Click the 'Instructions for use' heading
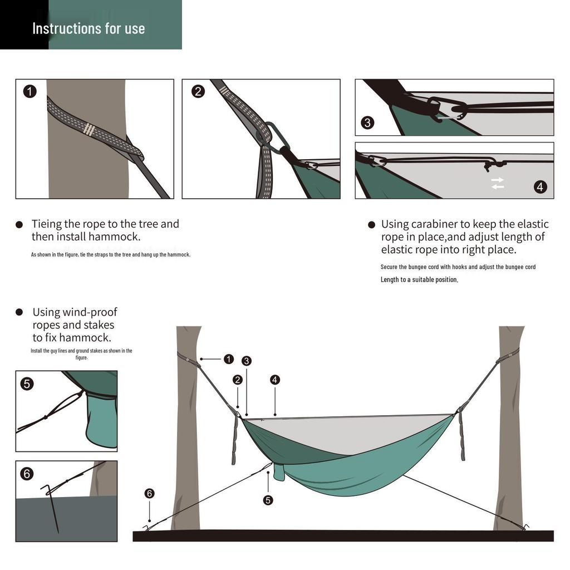[x=89, y=28]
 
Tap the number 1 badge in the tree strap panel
[x=30, y=91]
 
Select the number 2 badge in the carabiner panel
[x=198, y=91]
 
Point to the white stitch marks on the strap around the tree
[x=89, y=130]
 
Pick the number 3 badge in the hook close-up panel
[x=367, y=122]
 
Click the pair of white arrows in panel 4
[x=497, y=183]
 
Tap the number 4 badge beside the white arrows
[x=540, y=186]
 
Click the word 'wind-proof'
[x=91, y=312]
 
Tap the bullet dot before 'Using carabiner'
[x=371, y=225]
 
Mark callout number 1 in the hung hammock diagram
[x=229, y=359]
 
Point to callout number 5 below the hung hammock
[x=268, y=500]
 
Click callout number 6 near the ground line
[x=149, y=493]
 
